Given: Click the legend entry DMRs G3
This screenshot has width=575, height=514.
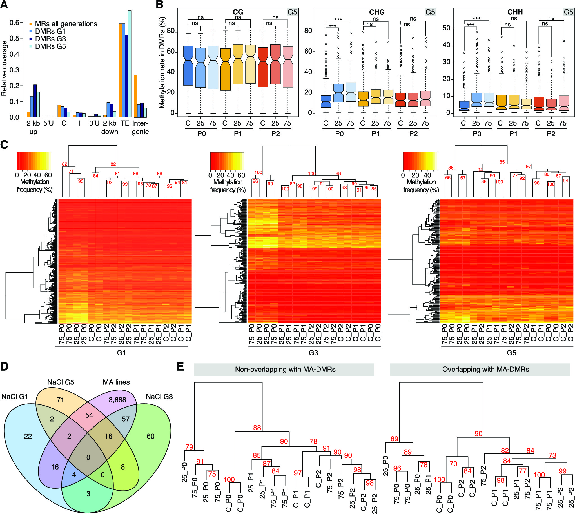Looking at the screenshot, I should tap(50, 39).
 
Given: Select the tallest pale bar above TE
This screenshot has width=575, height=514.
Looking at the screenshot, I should tap(130, 64).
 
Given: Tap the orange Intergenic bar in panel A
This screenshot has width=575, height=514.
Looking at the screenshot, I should tap(135, 96).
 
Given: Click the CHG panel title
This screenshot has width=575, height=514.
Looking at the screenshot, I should tap(377, 12).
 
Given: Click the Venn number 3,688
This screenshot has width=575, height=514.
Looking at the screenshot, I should tap(117, 400).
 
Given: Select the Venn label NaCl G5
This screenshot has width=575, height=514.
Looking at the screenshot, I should tap(61, 382).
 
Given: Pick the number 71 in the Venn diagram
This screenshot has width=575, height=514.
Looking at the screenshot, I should tap(60, 400).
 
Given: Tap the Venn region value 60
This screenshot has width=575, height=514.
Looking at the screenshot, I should tap(151, 436).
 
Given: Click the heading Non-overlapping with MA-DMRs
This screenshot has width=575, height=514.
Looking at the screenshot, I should tap(285, 370).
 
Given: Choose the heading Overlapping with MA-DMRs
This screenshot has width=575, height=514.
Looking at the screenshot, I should tap(485, 370).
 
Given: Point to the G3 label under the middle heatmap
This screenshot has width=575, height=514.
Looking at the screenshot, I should tap(313, 352).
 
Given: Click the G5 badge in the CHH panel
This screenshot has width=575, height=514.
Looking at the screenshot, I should tap(568, 12).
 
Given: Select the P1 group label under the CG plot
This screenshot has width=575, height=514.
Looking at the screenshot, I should tap(238, 134).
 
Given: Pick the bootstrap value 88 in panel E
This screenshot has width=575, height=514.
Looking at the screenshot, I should tap(257, 428).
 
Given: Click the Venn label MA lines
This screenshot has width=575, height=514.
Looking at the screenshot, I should tap(116, 382).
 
